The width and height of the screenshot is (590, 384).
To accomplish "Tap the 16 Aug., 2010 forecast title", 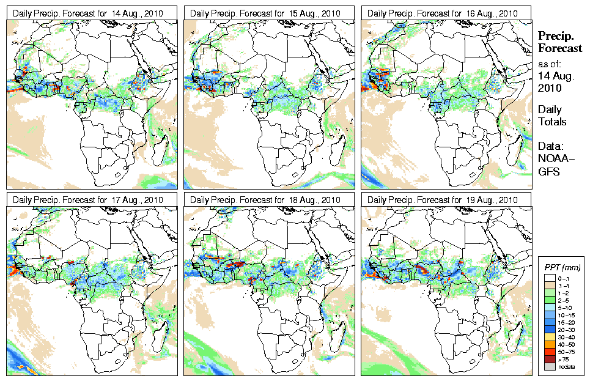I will click(443, 13).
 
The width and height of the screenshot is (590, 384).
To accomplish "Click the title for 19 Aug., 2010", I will click(443, 200).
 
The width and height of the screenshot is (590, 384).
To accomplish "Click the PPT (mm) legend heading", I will click(562, 268).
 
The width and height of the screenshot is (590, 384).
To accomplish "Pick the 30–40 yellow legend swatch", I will click(548, 336).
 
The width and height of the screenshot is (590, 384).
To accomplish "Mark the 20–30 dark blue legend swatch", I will click(548, 328).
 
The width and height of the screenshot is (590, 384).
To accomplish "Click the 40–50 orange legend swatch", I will click(548, 344).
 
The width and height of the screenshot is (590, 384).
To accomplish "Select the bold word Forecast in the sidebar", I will click(560, 48).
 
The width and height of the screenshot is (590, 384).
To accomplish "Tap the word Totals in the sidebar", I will click(552, 122).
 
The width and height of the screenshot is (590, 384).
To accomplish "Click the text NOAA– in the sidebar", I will click(555, 160).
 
